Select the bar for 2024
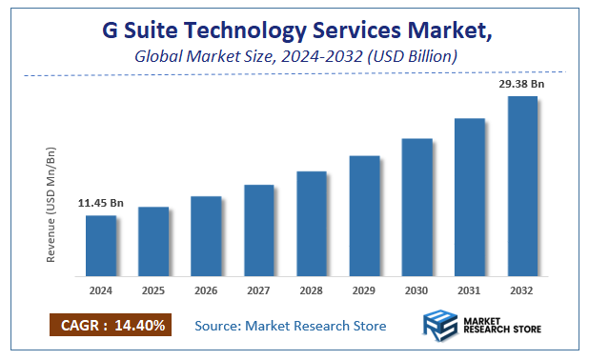[100, 245]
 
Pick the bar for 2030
[416, 207]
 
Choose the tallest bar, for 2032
[521, 186]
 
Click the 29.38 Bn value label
[522, 84]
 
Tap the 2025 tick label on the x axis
[153, 290]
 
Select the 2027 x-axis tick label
[259, 290]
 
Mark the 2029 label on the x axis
[364, 290]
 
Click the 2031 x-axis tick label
[469, 290]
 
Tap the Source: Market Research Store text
[291, 326]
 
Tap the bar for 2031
[469, 196]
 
